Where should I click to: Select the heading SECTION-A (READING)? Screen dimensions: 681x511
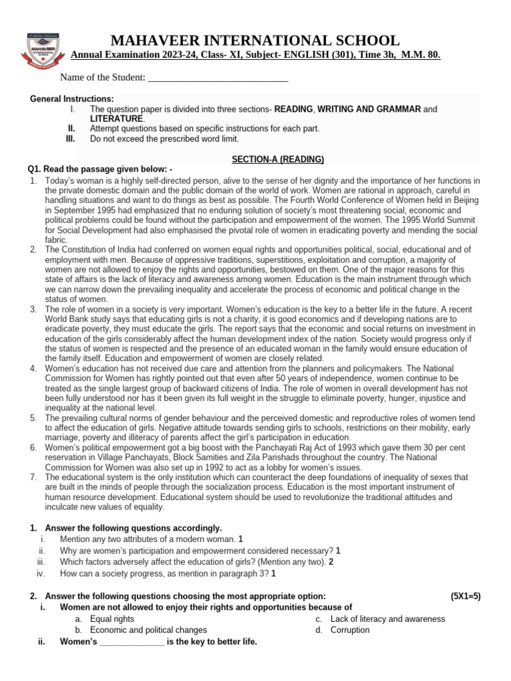[x=277, y=160]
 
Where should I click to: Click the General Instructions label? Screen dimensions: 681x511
[x=72, y=99]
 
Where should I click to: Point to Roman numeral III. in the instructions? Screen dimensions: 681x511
[x=71, y=139]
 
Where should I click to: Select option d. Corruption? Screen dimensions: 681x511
[x=349, y=630]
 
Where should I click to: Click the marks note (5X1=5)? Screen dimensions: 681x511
[x=465, y=596]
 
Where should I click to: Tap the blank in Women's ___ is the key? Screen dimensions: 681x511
[x=131, y=642]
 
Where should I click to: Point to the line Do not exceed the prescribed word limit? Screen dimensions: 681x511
[x=164, y=139]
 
